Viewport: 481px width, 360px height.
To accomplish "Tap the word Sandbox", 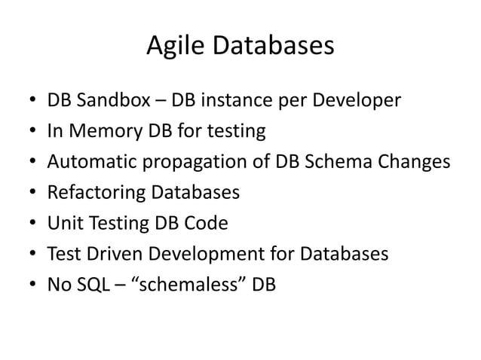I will pos(112,101).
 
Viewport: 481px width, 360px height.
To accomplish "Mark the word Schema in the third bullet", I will pos(339,162).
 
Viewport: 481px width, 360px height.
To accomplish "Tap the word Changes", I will pos(412,163).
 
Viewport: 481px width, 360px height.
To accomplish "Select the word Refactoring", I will pos(97,194).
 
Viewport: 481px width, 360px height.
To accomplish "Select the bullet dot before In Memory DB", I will pos(32,133).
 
